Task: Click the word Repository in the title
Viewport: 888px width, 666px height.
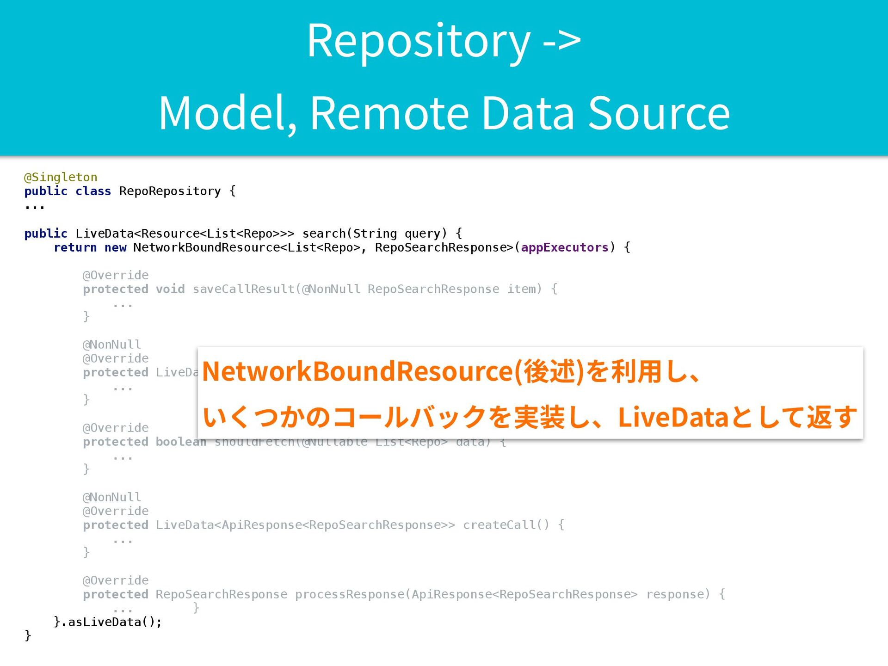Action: tap(419, 42)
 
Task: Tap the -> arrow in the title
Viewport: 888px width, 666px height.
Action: tap(561, 41)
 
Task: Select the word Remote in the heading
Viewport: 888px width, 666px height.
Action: tap(389, 113)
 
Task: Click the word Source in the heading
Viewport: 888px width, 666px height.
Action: tap(659, 113)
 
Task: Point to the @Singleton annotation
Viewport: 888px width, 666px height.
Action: tap(61, 177)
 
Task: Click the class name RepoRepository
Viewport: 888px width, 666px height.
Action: tap(170, 191)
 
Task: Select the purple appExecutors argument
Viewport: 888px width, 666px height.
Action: tap(564, 247)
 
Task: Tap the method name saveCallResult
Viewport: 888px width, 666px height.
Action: tap(244, 289)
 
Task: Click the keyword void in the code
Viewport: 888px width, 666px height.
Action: tap(170, 289)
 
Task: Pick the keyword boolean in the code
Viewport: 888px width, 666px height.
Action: tap(181, 442)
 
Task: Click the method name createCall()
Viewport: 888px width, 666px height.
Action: tap(506, 525)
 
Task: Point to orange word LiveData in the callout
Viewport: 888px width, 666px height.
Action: tap(673, 417)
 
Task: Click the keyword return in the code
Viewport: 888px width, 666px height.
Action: tap(75, 247)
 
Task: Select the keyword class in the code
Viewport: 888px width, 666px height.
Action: tap(93, 191)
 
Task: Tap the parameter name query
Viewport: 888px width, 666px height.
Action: tap(422, 234)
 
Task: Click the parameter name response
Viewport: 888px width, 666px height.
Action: tap(678, 594)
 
